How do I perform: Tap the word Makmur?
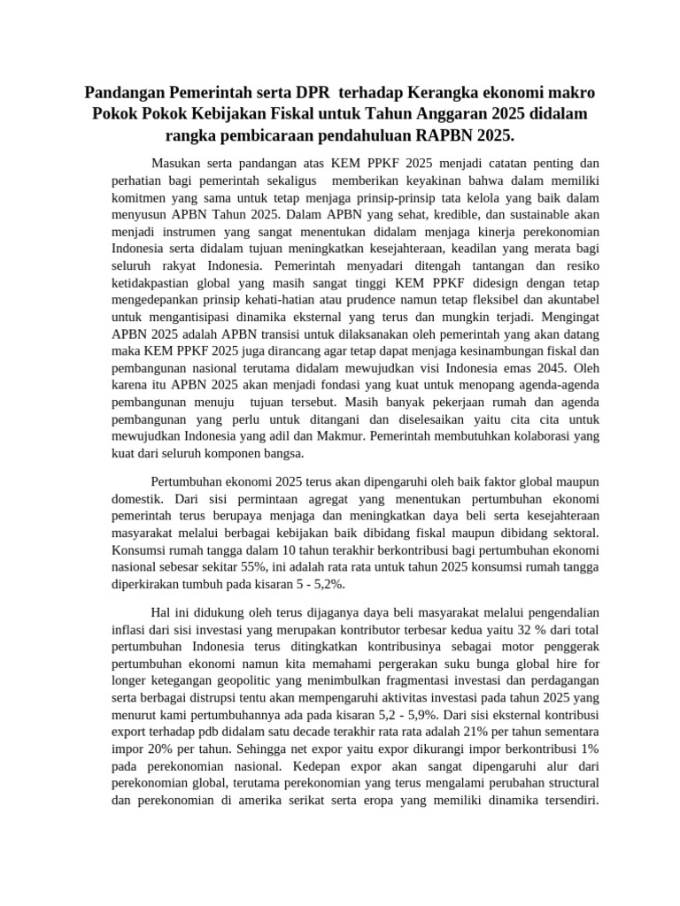(x=339, y=436)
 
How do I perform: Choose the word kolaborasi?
(x=522, y=436)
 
